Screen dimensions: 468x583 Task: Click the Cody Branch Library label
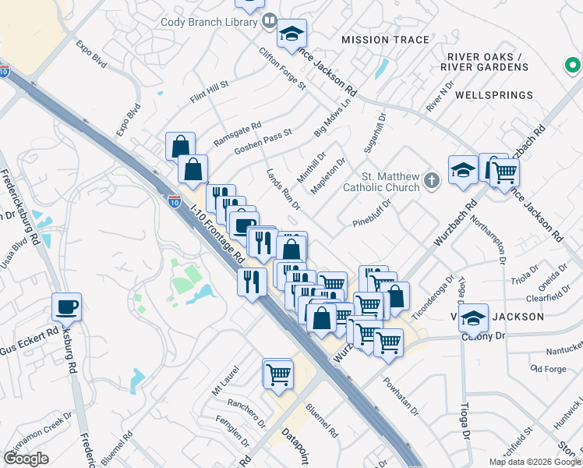(x=209, y=21)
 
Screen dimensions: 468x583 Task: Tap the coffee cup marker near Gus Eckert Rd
(x=66, y=307)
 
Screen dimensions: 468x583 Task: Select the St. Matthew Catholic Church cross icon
(x=433, y=182)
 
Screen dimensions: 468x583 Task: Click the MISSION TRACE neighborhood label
(x=386, y=40)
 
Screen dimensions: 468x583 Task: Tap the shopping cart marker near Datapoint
(x=277, y=374)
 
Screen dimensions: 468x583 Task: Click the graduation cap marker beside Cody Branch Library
(x=292, y=33)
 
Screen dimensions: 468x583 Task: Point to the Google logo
(x=26, y=459)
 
